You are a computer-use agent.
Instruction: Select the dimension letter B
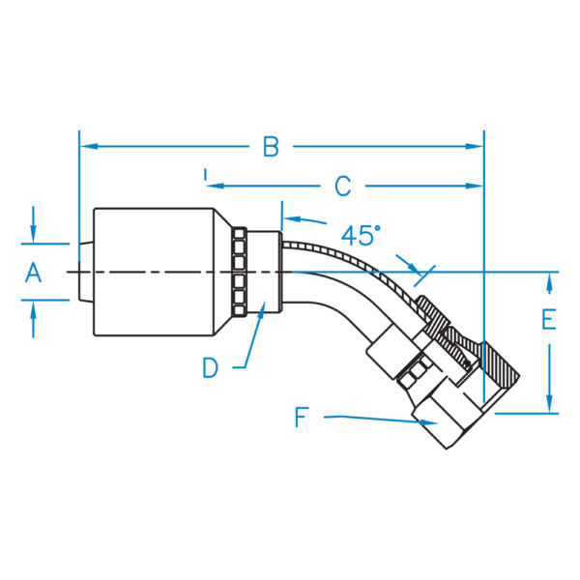click(272, 147)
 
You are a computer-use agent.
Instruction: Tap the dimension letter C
click(342, 186)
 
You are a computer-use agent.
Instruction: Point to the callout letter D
click(211, 367)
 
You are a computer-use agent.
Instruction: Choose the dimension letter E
click(548, 320)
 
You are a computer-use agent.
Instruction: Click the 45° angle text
click(361, 234)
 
